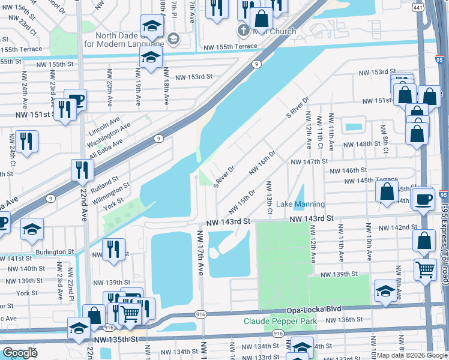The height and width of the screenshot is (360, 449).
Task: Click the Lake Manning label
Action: (x=300, y=205)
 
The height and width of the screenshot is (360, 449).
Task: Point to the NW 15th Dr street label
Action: (x=242, y=204)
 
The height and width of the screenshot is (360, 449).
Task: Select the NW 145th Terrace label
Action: (x=370, y=180)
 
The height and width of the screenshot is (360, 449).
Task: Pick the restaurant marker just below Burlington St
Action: (x=113, y=249)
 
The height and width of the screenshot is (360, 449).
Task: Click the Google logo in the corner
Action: (x=20, y=353)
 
